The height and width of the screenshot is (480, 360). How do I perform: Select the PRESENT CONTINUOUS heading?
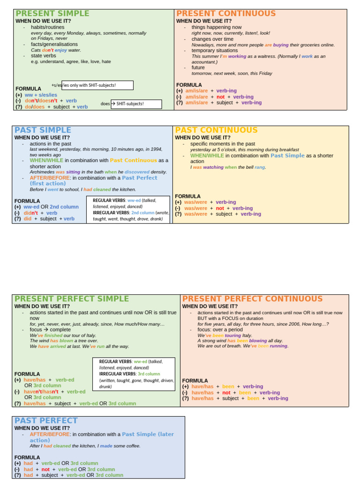tap(226, 14)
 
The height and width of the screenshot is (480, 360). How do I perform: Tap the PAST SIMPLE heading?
tap(43, 130)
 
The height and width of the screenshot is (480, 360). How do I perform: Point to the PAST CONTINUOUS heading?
tap(216, 130)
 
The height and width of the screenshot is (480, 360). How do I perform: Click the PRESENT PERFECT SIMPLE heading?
tap(71, 299)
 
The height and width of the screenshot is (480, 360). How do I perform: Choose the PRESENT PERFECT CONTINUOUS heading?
tap(252, 299)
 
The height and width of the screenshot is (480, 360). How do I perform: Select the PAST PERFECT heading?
tap(46, 420)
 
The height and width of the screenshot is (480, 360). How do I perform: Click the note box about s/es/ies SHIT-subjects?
tap(97, 85)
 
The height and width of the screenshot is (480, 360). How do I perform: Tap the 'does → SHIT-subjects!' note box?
tap(136, 104)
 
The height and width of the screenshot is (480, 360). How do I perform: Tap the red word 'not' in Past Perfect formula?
tap(45, 469)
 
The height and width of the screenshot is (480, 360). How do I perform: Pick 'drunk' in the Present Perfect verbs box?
tap(105, 387)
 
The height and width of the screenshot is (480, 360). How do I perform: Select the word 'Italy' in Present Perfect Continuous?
tap(247, 336)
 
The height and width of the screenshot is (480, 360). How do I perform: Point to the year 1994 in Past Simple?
tap(157, 149)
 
